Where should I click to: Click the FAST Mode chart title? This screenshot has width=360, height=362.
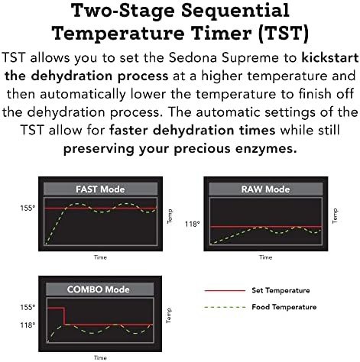100,189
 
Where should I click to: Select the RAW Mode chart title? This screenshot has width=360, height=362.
265,189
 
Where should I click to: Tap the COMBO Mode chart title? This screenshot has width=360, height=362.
99,289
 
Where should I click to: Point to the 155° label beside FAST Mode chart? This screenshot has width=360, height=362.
28,208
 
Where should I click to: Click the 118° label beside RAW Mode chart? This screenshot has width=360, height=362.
193,224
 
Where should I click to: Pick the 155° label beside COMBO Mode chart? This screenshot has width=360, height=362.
28,307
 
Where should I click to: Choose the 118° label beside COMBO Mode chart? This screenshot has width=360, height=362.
28,325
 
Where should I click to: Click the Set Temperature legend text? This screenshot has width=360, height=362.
281,290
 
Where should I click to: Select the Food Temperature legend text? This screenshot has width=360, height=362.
284,307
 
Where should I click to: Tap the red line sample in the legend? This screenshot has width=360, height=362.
225,290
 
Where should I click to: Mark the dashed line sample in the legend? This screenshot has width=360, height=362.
225,307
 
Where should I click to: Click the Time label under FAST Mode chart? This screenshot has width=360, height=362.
100,257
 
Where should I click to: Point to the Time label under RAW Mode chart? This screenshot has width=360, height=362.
265,257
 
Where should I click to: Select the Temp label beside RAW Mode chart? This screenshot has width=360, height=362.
335,216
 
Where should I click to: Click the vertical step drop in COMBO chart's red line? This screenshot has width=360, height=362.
64,316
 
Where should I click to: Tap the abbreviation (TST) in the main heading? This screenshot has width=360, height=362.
283,33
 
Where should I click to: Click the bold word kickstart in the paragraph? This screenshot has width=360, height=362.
330,58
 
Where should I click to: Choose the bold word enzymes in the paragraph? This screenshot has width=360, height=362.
266,149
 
